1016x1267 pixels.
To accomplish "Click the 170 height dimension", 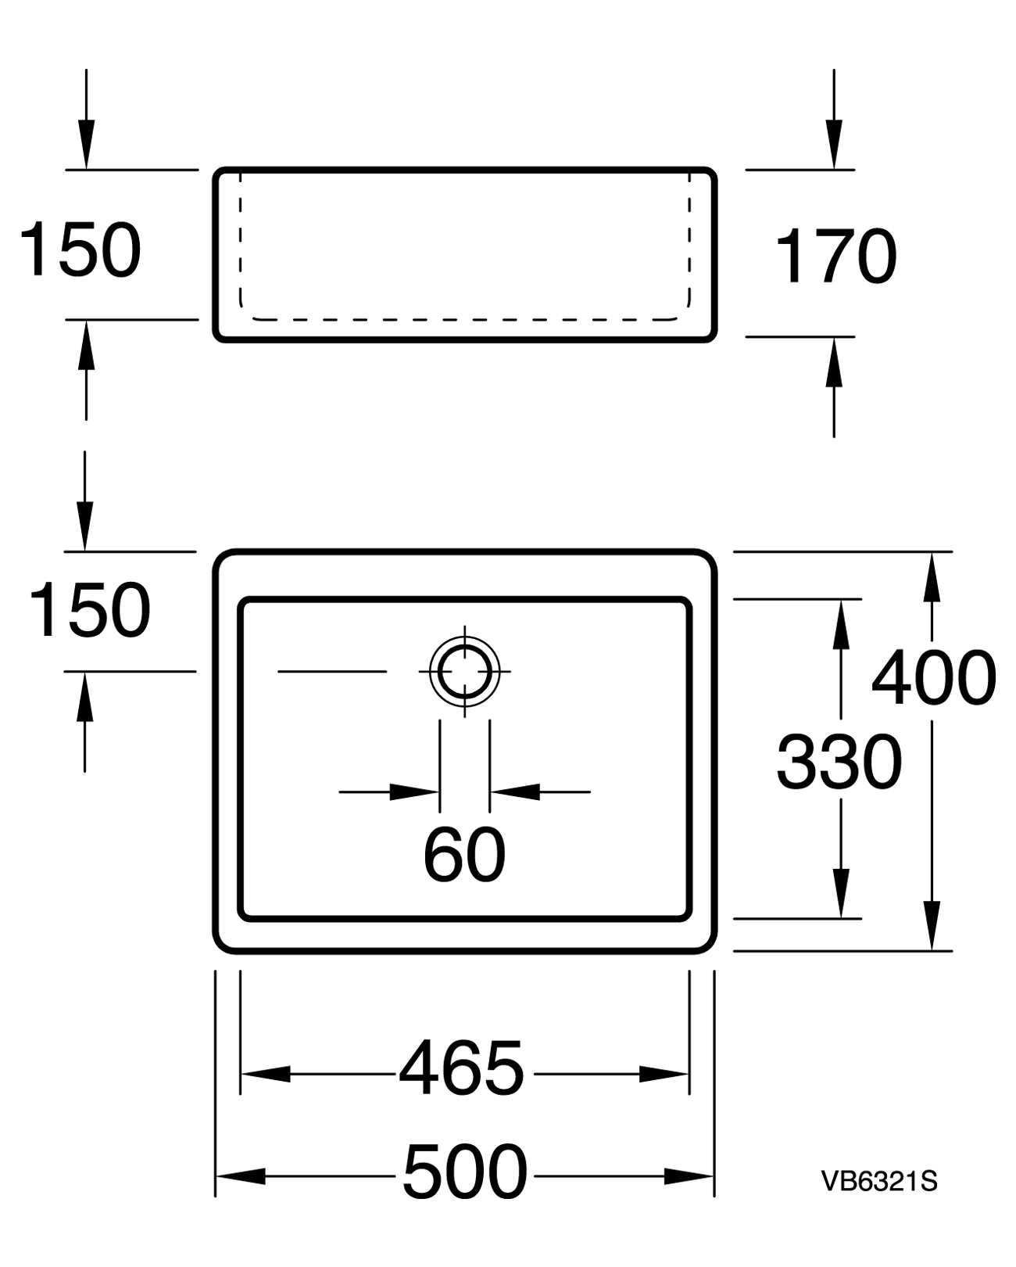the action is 836,256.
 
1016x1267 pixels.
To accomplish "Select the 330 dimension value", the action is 839,762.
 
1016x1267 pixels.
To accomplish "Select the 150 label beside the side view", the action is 80,249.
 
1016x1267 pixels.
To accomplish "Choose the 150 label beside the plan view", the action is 89,610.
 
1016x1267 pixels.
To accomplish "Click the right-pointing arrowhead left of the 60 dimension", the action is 414,791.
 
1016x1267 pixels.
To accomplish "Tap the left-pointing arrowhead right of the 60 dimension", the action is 515,791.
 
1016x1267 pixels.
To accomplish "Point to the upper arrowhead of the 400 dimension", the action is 932,577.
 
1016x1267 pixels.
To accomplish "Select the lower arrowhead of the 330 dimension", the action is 841,893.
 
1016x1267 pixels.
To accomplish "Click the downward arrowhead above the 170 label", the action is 834,144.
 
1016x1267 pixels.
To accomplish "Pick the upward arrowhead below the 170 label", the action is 834,362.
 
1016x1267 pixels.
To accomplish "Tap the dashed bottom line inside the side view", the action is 465,320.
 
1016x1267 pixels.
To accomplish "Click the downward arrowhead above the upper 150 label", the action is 87,144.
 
